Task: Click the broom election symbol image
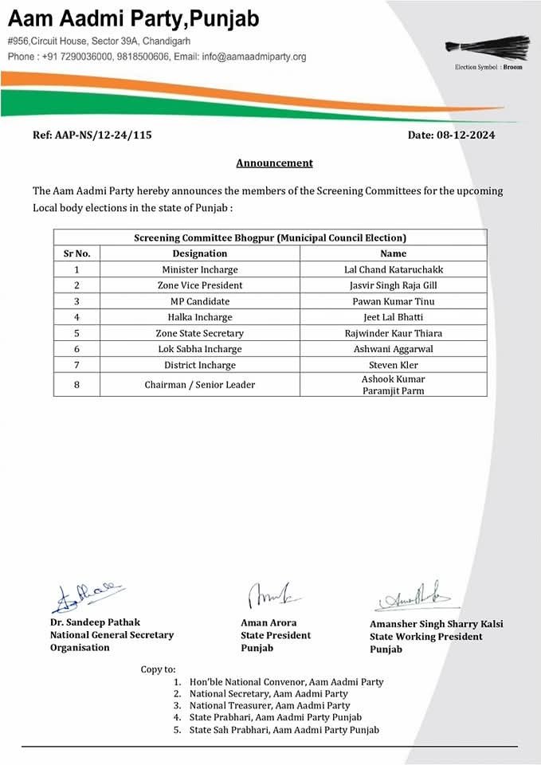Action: point(488,47)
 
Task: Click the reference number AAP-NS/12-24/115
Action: point(92,135)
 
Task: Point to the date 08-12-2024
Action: point(451,135)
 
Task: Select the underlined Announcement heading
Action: point(274,163)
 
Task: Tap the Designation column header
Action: point(199,253)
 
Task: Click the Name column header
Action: point(393,253)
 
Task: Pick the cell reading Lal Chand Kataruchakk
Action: point(393,269)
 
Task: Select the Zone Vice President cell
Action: point(199,285)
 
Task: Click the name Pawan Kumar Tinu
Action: point(393,301)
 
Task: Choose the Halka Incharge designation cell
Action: point(199,317)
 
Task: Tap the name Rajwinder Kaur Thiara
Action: point(393,333)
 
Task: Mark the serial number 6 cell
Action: point(76,349)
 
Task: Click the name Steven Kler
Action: point(393,365)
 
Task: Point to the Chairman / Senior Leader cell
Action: point(199,385)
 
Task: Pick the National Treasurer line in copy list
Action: point(269,706)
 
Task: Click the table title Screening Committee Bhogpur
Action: point(270,237)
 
